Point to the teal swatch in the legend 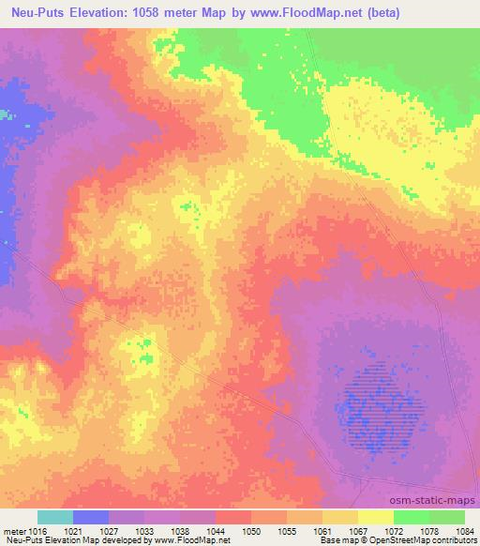coord(55,518)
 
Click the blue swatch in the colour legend coord(91,518)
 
